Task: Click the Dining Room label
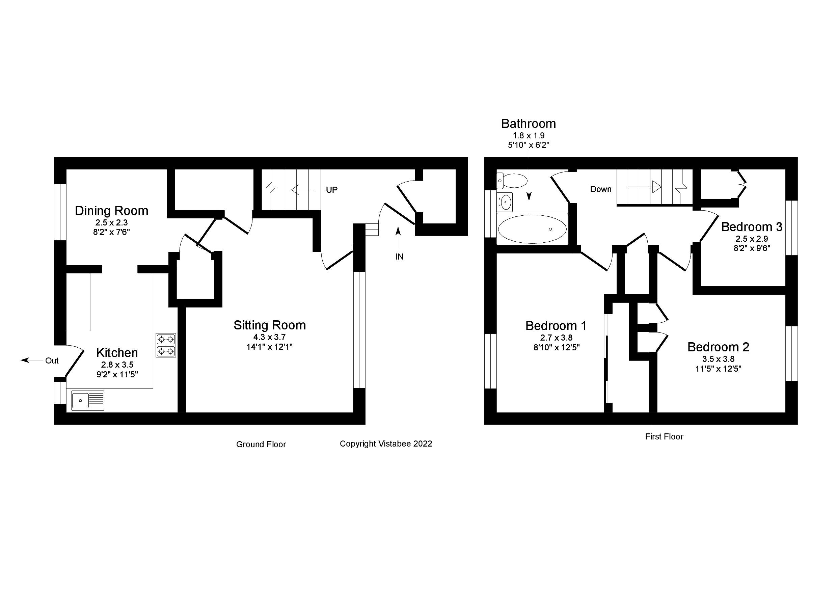[112, 211]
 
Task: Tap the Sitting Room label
[269, 325]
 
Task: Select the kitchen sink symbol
[87, 400]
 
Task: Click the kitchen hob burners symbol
[166, 345]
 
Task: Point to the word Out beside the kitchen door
[52, 360]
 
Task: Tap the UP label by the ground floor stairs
[332, 190]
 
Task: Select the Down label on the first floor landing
[601, 189]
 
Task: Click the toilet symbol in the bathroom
[512, 180]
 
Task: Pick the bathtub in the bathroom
[532, 229]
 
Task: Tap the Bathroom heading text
[528, 124]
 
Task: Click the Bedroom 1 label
[556, 326]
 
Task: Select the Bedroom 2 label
[718, 347]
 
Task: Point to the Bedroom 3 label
[752, 227]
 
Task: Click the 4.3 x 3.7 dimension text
[269, 337]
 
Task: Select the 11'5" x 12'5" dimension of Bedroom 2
[718, 369]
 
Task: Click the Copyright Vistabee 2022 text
[386, 444]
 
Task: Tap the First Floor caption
[664, 436]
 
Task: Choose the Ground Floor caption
[261, 444]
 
